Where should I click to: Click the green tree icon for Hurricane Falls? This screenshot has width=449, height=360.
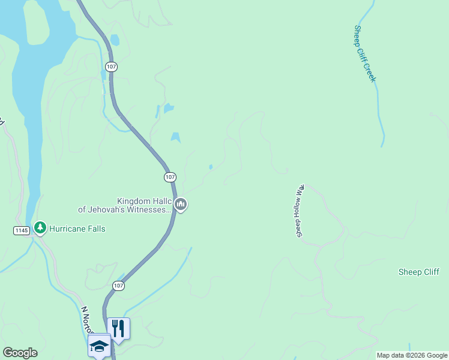(x=40, y=228)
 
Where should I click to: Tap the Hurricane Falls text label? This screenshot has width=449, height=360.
(x=77, y=229)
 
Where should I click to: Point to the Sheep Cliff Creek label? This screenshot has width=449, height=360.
(x=365, y=53)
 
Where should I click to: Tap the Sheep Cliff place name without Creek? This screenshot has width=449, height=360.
(x=418, y=272)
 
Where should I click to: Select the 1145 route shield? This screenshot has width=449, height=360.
(x=20, y=230)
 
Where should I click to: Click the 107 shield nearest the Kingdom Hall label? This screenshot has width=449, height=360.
(x=170, y=177)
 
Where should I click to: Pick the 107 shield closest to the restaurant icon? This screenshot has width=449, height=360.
(x=118, y=286)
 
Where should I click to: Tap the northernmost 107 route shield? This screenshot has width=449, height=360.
(x=110, y=67)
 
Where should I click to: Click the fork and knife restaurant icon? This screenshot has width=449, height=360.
(x=118, y=328)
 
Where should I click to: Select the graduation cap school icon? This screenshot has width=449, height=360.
(x=99, y=345)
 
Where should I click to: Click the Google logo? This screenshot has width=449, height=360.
(x=20, y=353)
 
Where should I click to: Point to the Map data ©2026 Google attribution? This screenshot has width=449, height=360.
(x=412, y=355)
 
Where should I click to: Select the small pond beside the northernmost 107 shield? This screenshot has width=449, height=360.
(x=115, y=40)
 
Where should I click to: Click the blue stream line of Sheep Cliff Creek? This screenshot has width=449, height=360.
(x=379, y=114)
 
